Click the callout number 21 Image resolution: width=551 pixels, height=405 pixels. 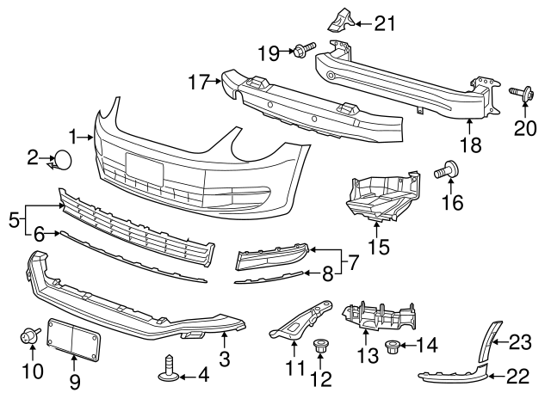386,22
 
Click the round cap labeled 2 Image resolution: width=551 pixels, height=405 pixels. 64,161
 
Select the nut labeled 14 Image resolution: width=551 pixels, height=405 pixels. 392,347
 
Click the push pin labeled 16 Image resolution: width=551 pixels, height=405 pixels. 447,169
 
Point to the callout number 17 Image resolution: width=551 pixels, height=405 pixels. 199,83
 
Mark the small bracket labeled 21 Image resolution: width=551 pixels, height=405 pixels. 339,20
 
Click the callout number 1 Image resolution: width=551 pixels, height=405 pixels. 74,136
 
